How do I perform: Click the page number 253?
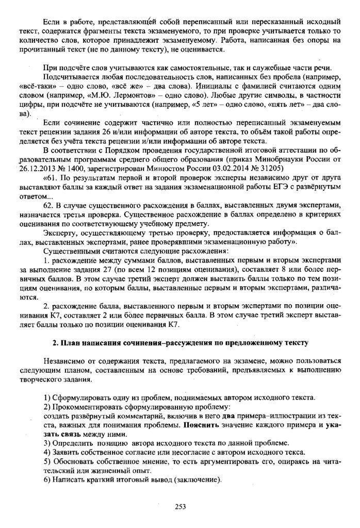tap(179, 507)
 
